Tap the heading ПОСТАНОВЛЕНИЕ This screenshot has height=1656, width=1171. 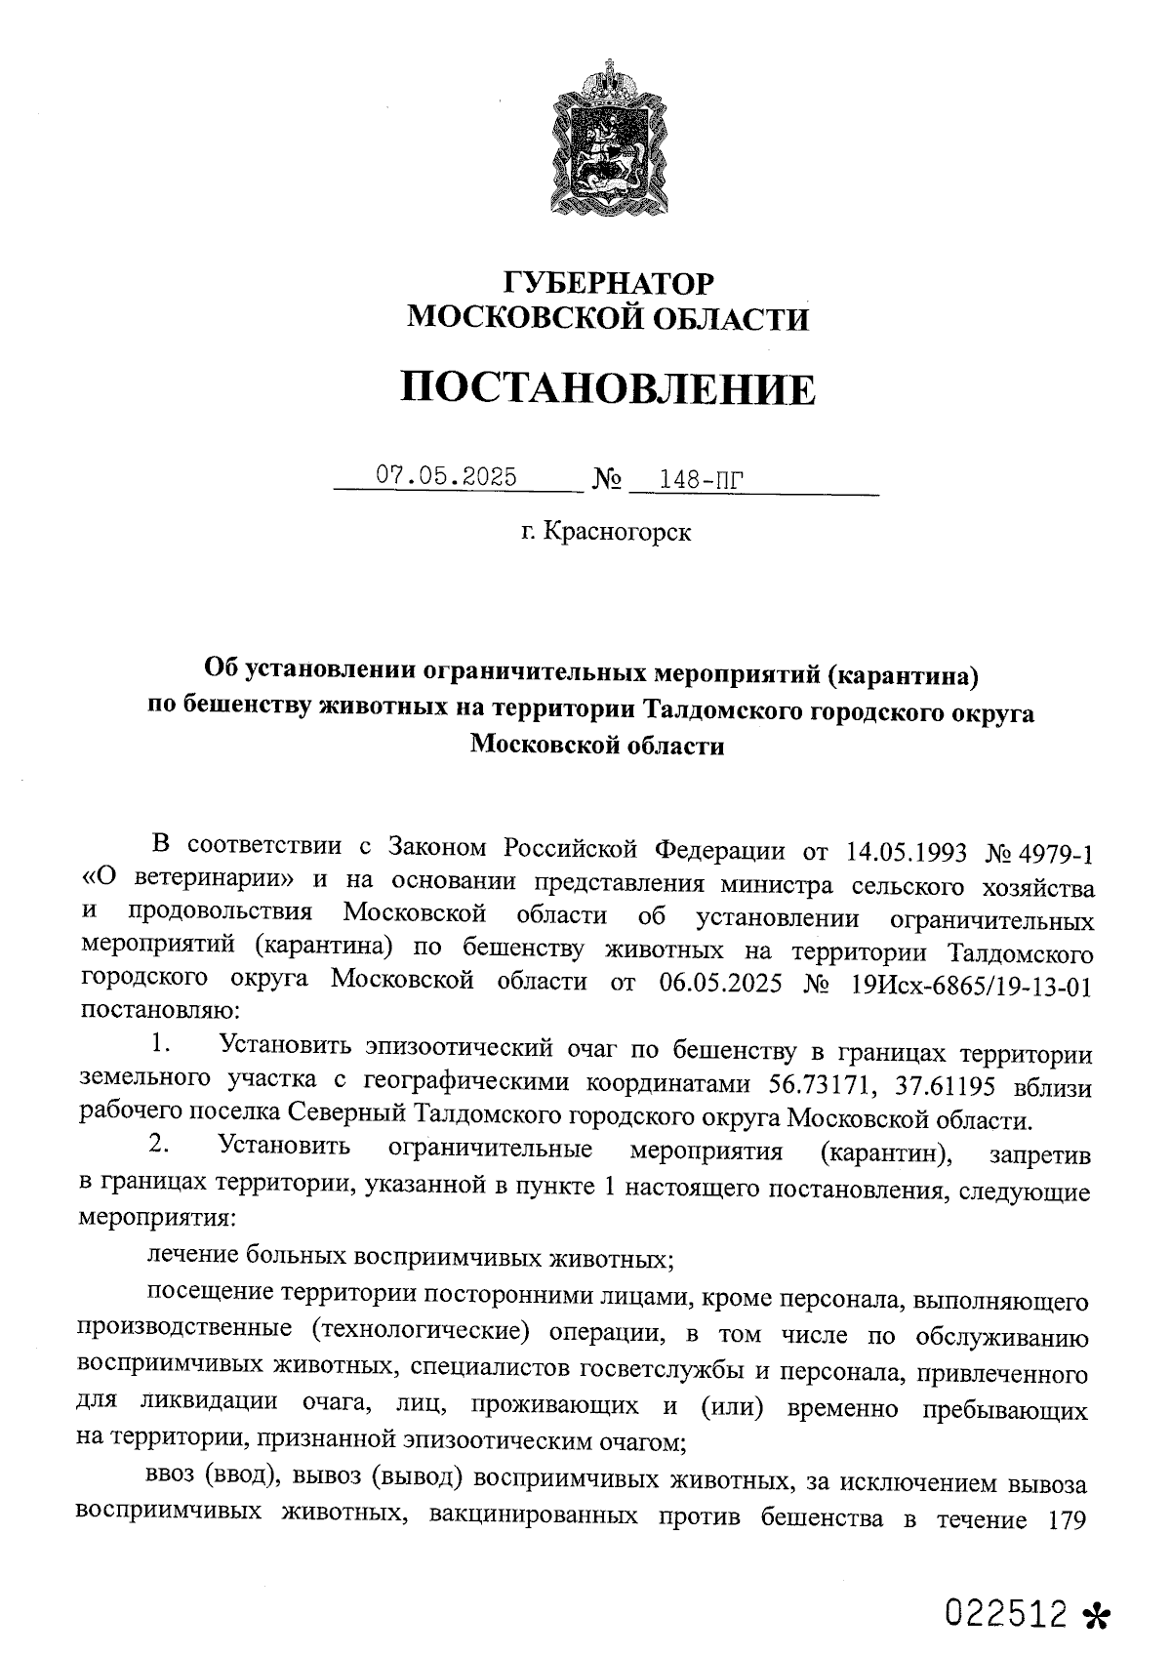[x=607, y=388]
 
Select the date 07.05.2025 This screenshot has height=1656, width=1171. [x=446, y=476]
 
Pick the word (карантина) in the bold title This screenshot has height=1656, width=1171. [x=907, y=672]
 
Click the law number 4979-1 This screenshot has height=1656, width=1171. [x=1057, y=852]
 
